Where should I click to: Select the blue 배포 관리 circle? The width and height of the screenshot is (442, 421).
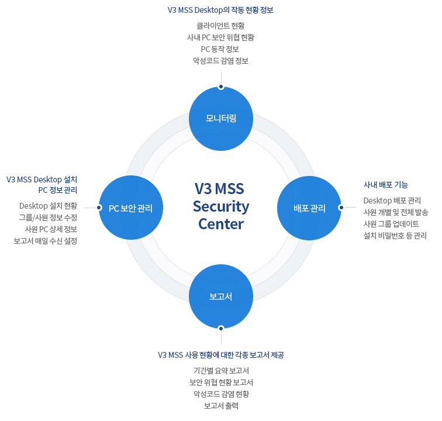(309, 208)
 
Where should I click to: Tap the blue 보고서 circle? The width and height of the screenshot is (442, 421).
(221, 296)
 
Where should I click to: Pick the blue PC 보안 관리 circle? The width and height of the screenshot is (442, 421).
(130, 208)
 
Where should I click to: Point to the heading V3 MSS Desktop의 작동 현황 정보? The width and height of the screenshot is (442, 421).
(220, 11)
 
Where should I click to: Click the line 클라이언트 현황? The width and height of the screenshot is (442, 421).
(220, 26)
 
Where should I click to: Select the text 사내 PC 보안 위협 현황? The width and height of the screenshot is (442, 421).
(220, 37)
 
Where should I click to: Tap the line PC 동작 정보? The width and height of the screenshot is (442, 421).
(220, 49)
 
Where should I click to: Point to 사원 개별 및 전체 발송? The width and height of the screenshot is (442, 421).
(396, 212)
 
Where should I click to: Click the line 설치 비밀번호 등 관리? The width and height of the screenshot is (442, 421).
(395, 236)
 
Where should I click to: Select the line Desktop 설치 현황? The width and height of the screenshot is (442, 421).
(48, 206)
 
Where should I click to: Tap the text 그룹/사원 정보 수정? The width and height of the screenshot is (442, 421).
(48, 218)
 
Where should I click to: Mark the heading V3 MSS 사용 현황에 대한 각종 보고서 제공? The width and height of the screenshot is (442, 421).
(220, 355)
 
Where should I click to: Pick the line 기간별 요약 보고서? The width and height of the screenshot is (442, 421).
(221, 371)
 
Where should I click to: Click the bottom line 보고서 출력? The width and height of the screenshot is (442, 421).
(221, 406)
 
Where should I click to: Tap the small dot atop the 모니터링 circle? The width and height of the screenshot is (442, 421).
(221, 87)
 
